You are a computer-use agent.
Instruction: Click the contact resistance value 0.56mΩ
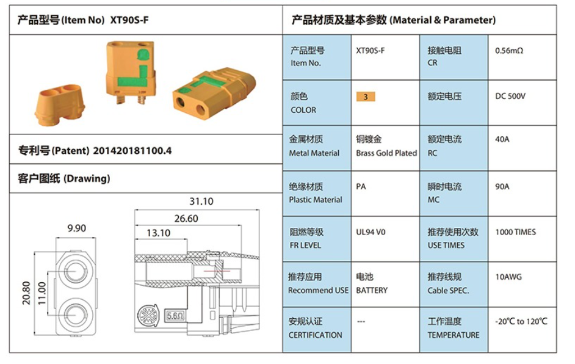tap(509, 51)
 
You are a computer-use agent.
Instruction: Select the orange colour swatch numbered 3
tap(366, 96)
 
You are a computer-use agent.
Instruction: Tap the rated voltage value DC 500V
tap(510, 96)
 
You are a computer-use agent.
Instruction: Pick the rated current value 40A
tap(502, 139)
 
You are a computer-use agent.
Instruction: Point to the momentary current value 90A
tap(502, 186)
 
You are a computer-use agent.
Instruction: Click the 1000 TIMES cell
tap(516, 232)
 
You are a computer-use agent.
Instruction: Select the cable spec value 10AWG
tap(508, 277)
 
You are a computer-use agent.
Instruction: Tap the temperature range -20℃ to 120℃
tap(521, 321)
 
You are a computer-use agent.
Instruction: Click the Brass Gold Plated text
tap(386, 153)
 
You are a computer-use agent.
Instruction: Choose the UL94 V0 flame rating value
tap(371, 232)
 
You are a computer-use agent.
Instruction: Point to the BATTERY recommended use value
tap(372, 290)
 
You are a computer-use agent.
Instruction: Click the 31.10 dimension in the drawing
tap(201, 201)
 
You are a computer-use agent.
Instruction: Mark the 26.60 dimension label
tap(186, 218)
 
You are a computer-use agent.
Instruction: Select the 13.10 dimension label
tap(159, 233)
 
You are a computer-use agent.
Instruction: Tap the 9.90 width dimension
tap(77, 228)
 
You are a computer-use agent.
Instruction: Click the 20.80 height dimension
tap(26, 293)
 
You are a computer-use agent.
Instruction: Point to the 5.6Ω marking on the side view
tap(176, 316)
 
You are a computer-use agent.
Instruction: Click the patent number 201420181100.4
tap(132, 151)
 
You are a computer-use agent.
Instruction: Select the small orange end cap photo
tap(60, 105)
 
